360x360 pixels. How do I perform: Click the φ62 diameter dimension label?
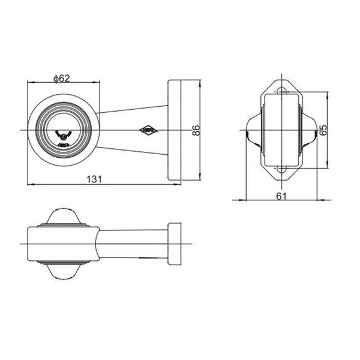[62, 78]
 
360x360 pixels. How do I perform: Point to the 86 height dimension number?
[195, 131]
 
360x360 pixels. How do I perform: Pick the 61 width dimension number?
[281, 195]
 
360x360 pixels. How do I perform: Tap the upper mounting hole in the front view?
[281, 91]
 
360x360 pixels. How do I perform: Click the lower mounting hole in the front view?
[281, 170]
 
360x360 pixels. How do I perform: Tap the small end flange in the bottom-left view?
[175, 244]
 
